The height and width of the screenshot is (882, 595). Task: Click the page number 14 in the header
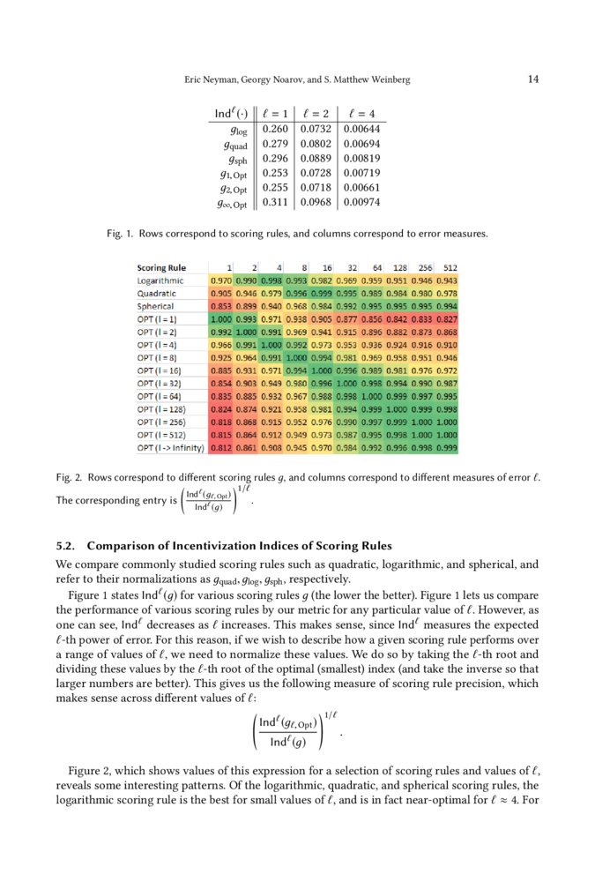pyautogui.click(x=533, y=79)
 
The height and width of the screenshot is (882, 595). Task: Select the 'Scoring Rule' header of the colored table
pyautogui.click(x=161, y=266)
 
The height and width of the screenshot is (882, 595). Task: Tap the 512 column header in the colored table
pyautogui.click(x=450, y=266)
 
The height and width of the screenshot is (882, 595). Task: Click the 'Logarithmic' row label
pyautogui.click(x=160, y=279)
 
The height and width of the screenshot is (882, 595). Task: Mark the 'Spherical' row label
pyautogui.click(x=156, y=304)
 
